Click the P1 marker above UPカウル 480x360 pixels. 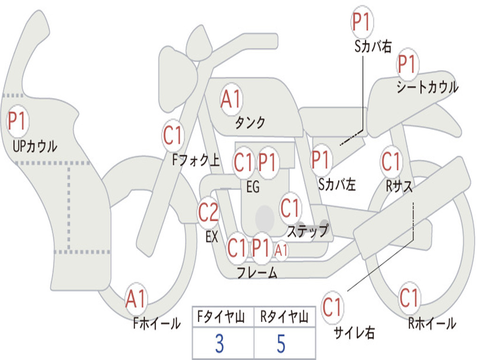click(x=17, y=121)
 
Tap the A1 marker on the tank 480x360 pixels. click(x=231, y=99)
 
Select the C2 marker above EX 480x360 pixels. click(x=209, y=212)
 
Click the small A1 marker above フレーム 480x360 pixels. click(x=281, y=251)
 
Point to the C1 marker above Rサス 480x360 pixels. click(x=391, y=161)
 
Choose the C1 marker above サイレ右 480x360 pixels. click(x=332, y=307)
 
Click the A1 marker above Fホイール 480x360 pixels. click(x=135, y=299)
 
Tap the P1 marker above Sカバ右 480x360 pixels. click(x=362, y=22)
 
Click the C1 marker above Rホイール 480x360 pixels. click(x=409, y=298)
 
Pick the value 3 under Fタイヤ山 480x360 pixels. click(x=219, y=344)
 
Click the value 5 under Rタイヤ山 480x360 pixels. click(x=281, y=344)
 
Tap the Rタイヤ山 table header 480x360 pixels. click(x=285, y=316)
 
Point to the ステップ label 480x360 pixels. click(x=308, y=231)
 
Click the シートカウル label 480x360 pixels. click(x=427, y=87)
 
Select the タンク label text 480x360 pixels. click(x=250, y=122)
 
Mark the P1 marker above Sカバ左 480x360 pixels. click(x=321, y=160)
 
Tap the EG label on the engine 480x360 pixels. click(x=253, y=187)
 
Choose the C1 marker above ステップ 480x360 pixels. click(x=290, y=208)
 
